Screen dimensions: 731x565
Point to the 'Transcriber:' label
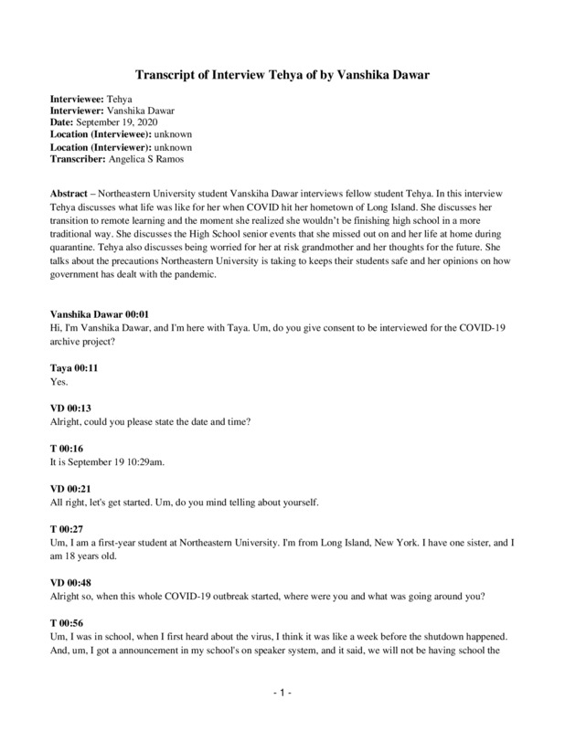click(x=80, y=160)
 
